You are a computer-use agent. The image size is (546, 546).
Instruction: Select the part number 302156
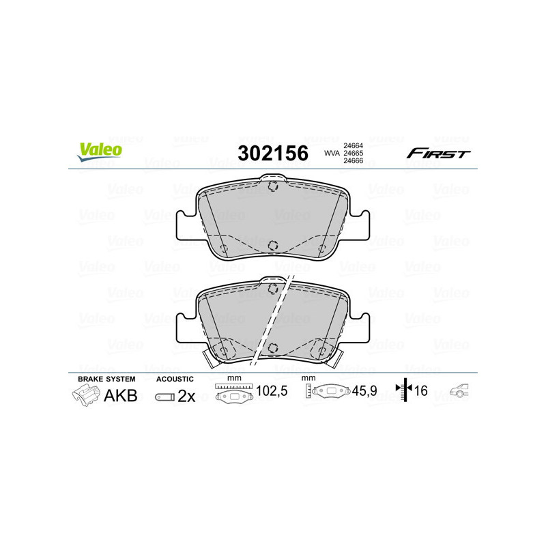[x=272, y=153]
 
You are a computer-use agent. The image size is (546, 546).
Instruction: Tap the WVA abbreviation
[x=331, y=154]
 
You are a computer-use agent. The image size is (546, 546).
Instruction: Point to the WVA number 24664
[x=352, y=145]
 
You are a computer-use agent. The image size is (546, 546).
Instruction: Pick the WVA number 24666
[x=352, y=162]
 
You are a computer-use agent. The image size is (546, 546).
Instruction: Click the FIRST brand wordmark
[x=437, y=154]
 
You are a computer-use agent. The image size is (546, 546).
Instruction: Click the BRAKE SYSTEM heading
[x=106, y=379]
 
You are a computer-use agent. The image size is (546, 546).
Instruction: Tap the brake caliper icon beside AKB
[x=85, y=396]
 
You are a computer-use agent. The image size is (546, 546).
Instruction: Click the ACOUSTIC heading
[x=175, y=379]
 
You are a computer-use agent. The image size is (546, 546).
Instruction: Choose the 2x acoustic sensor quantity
[x=186, y=397]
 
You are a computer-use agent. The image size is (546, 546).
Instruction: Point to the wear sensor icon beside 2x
[x=164, y=397]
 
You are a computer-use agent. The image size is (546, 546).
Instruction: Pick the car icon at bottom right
[x=459, y=392]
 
